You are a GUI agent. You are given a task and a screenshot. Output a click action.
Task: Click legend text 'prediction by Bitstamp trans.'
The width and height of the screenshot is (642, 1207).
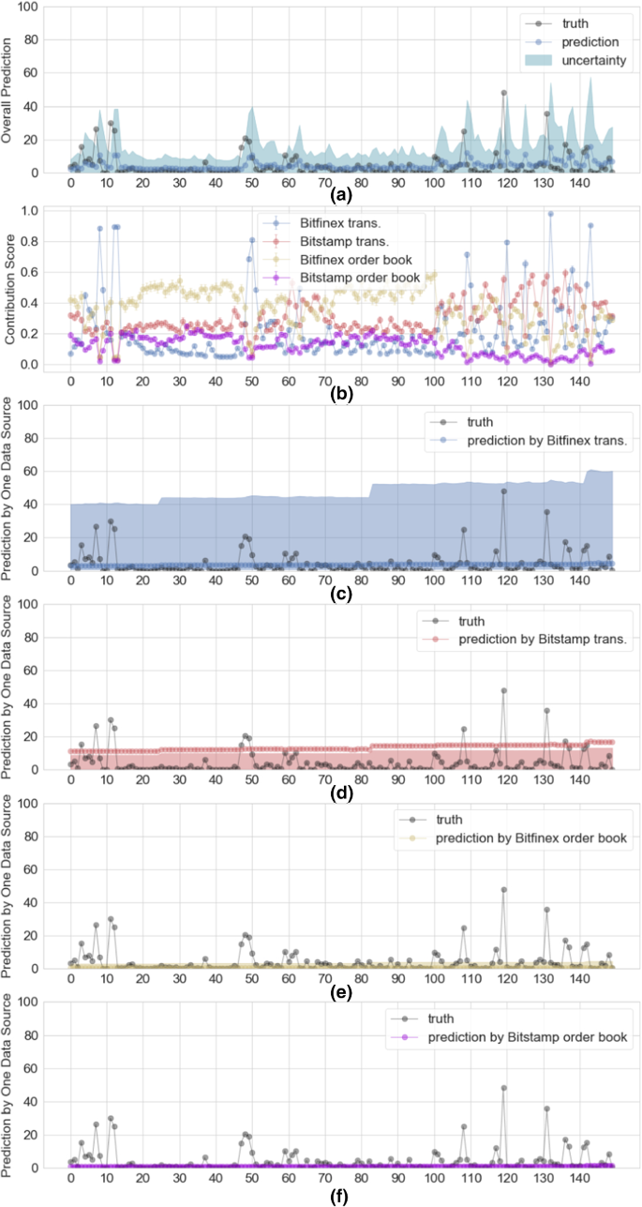point(542,641)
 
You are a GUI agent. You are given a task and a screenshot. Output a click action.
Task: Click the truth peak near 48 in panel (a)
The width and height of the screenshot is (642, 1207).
point(503,93)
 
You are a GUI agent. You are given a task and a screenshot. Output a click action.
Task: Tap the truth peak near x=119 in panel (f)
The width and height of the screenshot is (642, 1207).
point(503,1088)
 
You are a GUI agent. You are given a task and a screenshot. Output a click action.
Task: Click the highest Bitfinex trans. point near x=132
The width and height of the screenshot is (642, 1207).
point(550,214)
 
